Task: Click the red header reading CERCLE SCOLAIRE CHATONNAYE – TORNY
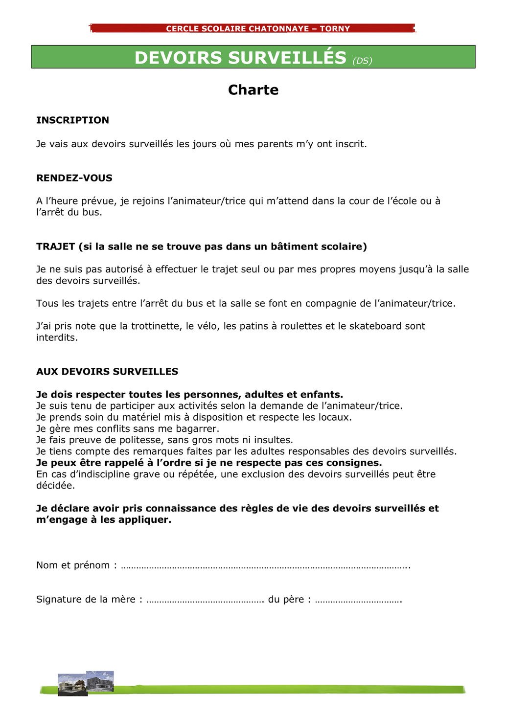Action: [x=258, y=28]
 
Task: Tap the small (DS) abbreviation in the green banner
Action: [x=362, y=61]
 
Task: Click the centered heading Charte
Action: [x=253, y=90]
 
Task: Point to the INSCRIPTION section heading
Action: [x=72, y=120]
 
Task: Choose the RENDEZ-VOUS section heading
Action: [x=74, y=178]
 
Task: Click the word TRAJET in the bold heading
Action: [x=55, y=246]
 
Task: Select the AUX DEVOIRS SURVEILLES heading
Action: [x=107, y=372]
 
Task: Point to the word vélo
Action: [x=207, y=326]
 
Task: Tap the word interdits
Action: [x=56, y=338]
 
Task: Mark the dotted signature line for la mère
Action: [x=205, y=600]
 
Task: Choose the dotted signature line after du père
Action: [x=358, y=600]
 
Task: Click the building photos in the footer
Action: [x=86, y=683]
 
